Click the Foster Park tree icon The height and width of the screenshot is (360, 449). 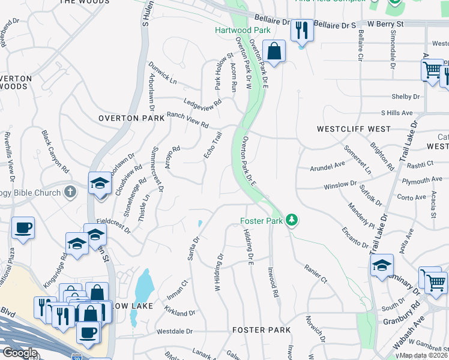[292, 220]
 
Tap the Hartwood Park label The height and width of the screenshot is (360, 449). [243, 30]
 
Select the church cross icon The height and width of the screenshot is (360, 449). [70, 192]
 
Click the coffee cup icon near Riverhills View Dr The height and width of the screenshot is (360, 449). [23, 228]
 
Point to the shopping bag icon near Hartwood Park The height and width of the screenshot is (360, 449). [274, 52]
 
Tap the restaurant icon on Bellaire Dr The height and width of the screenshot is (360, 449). [301, 29]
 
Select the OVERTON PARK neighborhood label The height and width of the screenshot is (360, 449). [131, 119]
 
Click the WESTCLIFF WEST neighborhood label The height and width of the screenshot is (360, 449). [354, 129]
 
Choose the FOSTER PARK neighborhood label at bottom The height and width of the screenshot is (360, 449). [261, 330]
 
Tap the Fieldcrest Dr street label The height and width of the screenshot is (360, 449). [113, 225]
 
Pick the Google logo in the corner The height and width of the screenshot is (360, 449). [20, 353]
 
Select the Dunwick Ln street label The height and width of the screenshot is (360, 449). [163, 76]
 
